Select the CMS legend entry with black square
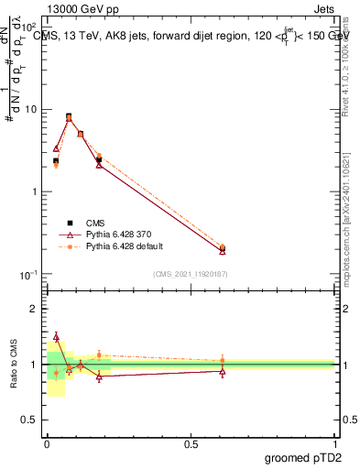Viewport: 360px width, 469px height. [95, 222]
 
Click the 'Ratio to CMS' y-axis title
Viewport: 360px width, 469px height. [13, 364]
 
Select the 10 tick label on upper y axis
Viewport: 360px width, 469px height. [31, 110]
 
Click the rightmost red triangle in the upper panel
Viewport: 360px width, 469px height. [223, 250]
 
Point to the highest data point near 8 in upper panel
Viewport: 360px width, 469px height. [69, 117]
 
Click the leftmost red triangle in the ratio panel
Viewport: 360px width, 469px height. [56, 336]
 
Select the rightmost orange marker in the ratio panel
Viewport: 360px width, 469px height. [223, 361]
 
